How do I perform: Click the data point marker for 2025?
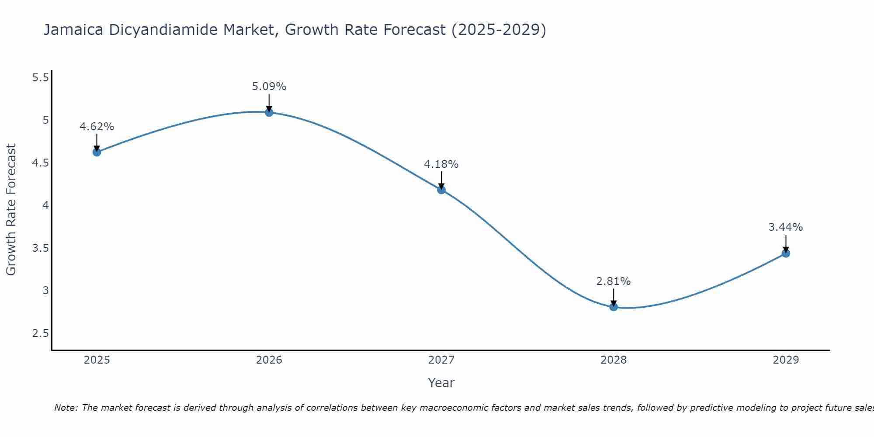tap(97, 152)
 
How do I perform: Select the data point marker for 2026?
tap(269, 112)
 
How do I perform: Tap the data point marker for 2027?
tap(441, 190)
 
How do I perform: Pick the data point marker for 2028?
tap(614, 307)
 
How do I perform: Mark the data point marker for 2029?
tap(786, 253)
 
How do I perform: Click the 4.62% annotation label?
tap(97, 127)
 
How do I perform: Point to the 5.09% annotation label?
tap(269, 87)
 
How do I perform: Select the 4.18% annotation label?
tap(441, 164)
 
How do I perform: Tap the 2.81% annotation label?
tap(614, 281)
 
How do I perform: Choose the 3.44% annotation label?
tap(786, 227)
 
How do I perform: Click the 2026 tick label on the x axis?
tap(269, 360)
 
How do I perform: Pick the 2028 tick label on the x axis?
tap(614, 360)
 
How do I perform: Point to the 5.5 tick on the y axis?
tap(40, 78)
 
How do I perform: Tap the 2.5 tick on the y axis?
tap(40, 333)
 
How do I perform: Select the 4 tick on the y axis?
tap(45, 205)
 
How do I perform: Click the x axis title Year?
tap(441, 383)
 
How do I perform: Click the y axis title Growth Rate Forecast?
tap(11, 210)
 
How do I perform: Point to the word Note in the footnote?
tap(66, 408)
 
